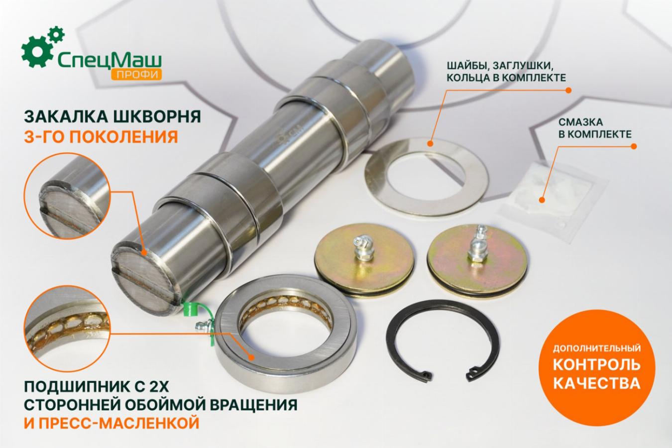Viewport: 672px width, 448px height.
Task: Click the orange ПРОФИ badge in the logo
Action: pyautogui.click(x=136, y=74)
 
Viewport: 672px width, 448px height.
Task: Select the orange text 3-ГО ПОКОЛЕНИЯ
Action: pyautogui.click(x=101, y=137)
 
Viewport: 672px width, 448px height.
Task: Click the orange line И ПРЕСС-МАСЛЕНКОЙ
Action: pyautogui.click(x=112, y=423)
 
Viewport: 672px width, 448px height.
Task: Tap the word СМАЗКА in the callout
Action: pyautogui.click(x=580, y=122)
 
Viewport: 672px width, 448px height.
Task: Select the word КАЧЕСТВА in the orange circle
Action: pyautogui.click(x=597, y=383)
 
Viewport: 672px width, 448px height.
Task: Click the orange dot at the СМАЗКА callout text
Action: pyautogui.click(x=634, y=146)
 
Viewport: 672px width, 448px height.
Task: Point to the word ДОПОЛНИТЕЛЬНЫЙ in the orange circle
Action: pyautogui.click(x=597, y=348)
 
